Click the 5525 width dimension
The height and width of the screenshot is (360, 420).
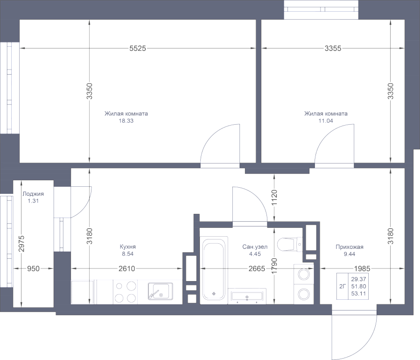point(138,48)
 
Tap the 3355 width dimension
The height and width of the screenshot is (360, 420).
point(333,48)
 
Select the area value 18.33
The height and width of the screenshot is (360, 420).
point(126,120)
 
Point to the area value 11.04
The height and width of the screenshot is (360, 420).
point(326,120)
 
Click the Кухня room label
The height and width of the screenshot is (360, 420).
point(127,247)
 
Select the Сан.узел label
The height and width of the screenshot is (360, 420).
point(255,247)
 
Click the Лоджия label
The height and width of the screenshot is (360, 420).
point(33,194)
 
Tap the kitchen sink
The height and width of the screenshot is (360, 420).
point(159,291)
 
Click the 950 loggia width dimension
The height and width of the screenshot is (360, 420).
point(32,268)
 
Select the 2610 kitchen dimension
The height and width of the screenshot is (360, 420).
point(126,268)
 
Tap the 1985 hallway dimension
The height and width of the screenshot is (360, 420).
point(362,268)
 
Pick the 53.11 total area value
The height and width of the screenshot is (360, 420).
point(358,293)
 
